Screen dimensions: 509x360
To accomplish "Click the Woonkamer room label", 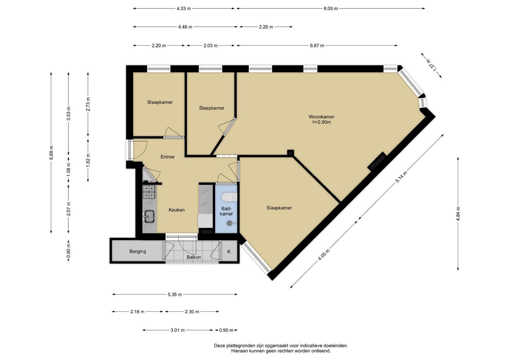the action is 321,117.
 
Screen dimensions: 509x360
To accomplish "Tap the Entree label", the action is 167,157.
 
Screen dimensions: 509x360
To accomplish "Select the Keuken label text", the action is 177,210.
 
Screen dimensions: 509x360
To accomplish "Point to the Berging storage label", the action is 138,251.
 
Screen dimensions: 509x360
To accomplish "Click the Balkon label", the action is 194,257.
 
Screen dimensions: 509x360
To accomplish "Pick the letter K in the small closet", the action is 229,252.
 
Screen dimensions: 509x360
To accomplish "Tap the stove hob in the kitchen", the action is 149,192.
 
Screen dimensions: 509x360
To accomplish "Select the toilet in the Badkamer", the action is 229,197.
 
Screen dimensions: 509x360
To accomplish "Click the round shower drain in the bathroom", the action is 229,223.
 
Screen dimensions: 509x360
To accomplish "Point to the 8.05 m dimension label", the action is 331,9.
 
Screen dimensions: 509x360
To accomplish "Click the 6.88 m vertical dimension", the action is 51,153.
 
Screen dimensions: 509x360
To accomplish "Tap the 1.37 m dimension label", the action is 431,65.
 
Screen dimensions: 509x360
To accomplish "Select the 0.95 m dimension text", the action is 226,330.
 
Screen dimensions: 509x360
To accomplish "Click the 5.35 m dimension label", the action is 175,295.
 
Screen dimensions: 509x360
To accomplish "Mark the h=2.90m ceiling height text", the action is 322,122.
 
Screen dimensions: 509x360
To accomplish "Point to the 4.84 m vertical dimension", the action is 458,214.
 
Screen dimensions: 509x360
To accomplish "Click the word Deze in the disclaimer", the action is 220,346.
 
